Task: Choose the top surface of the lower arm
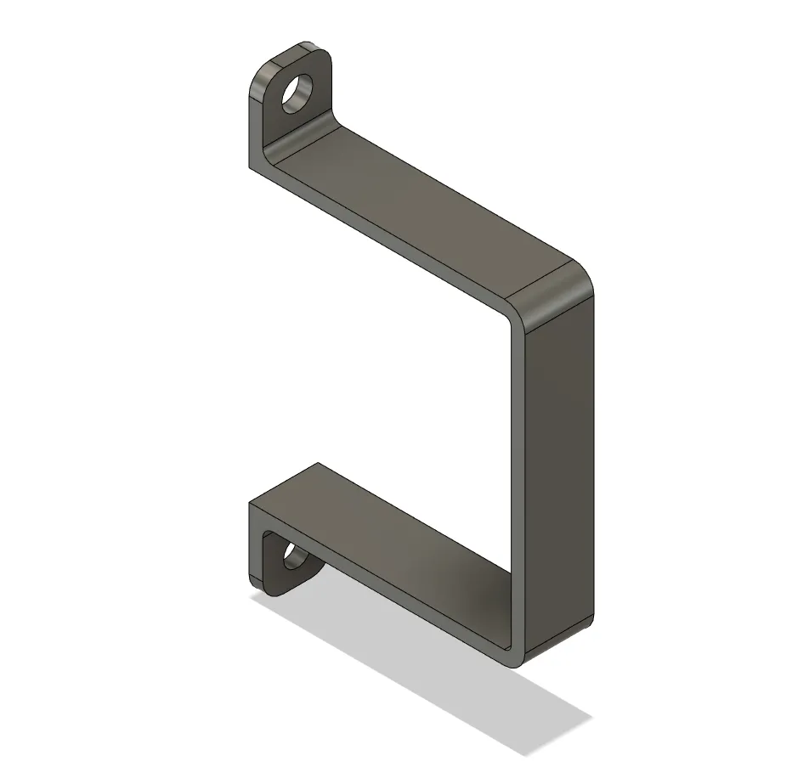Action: point(382,527)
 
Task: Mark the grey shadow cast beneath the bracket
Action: point(442,680)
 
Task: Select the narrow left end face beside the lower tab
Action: point(256,544)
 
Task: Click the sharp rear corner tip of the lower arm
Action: point(318,464)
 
